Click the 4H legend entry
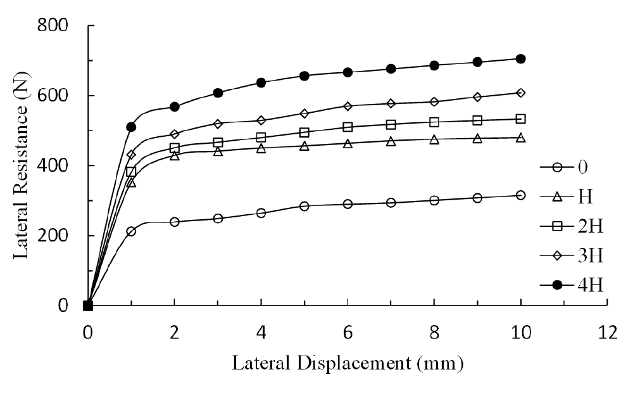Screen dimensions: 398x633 (572, 285)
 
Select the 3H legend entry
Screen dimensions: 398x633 (572, 255)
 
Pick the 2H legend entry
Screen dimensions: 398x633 (572, 226)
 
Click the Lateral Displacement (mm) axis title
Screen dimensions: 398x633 (348, 364)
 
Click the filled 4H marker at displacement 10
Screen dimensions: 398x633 (520, 59)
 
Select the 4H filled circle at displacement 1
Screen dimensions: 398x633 (131, 127)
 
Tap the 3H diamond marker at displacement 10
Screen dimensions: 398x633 (520, 93)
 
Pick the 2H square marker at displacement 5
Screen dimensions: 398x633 (304, 132)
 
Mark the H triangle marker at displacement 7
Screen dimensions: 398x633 (391, 141)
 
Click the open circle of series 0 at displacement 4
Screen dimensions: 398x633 (261, 213)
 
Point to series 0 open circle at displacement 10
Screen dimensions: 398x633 (520, 195)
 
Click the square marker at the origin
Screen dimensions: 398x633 (88, 305)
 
